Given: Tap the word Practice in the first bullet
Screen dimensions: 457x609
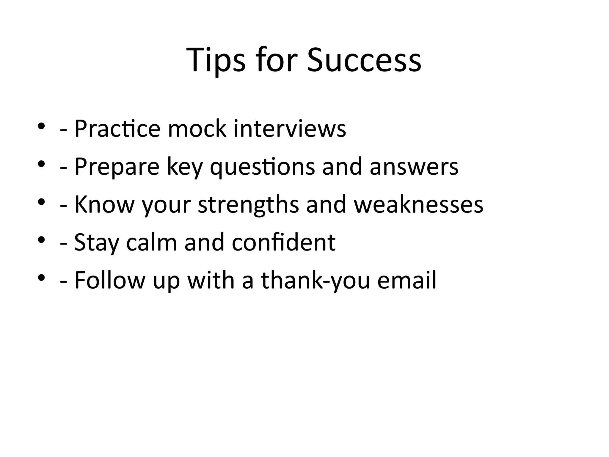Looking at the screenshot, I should pyautogui.click(x=117, y=129).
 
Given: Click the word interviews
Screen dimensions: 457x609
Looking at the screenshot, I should pyautogui.click(x=290, y=129).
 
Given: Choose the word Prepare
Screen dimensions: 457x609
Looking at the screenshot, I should pyautogui.click(x=117, y=167).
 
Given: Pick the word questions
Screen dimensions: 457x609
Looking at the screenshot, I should pyautogui.click(x=262, y=167).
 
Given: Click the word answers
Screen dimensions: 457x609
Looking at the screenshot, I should pyautogui.click(x=414, y=167).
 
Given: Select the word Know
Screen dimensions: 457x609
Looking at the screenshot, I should pyautogui.click(x=104, y=204).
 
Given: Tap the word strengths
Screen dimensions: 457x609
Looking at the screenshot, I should pyautogui.click(x=248, y=204).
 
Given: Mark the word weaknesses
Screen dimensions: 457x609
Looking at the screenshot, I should pyautogui.click(x=418, y=204).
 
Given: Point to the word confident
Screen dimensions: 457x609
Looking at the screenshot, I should pyautogui.click(x=284, y=242).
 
